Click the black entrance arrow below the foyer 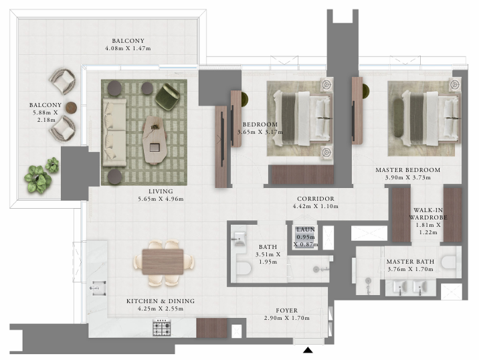pyautogui.click(x=308, y=350)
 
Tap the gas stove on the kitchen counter pyautogui.click(x=162, y=328)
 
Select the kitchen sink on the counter pyautogui.click(x=98, y=288)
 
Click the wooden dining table pyautogui.click(x=163, y=262)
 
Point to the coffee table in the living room pyautogui.click(x=155, y=140)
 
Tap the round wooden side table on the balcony pyautogui.click(x=71, y=108)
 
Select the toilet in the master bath pyautogui.click(x=449, y=262)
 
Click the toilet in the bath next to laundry pyautogui.click(x=244, y=269)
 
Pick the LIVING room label pyautogui.click(x=161, y=191)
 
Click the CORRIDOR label pyautogui.click(x=316, y=199)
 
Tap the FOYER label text pyautogui.click(x=286, y=310)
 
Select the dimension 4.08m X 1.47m pyautogui.click(x=128, y=48)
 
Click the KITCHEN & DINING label pyautogui.click(x=161, y=301)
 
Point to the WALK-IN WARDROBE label pyautogui.click(x=428, y=213)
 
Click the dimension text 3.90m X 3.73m pyautogui.click(x=408, y=177)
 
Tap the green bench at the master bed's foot pyautogui.click(x=398, y=118)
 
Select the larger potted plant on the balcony pyautogui.click(x=37, y=179)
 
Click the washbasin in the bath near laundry pyautogui.click(x=239, y=238)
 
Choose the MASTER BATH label pyautogui.click(x=410, y=262)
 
